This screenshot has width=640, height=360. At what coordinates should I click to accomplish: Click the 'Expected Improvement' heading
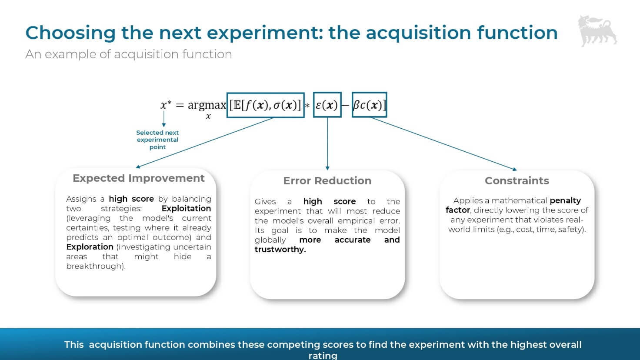138,178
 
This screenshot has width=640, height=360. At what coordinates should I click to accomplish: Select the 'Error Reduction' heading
327,181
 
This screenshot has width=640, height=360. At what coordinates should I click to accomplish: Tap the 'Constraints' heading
517,181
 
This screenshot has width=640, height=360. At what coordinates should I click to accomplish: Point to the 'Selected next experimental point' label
157,140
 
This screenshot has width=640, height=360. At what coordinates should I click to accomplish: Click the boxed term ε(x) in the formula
327,105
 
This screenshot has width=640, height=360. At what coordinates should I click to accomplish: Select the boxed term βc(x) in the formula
369,105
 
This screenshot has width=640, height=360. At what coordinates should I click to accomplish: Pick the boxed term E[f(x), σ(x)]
265,105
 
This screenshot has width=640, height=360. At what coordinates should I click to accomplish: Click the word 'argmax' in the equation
207,105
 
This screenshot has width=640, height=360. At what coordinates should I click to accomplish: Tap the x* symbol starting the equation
166,105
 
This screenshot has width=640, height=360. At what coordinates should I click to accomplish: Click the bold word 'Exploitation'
186,209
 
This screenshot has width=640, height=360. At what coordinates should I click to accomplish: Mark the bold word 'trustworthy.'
280,250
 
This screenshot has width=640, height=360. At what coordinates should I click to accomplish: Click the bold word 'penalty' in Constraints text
565,200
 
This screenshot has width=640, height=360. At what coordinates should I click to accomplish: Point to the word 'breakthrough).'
96,266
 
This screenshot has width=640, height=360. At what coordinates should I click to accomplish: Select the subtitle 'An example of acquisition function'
128,54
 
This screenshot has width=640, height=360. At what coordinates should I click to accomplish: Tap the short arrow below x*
164,119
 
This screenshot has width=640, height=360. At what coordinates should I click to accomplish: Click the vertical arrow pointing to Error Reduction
327,143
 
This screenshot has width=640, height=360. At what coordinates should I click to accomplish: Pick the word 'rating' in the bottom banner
323,355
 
